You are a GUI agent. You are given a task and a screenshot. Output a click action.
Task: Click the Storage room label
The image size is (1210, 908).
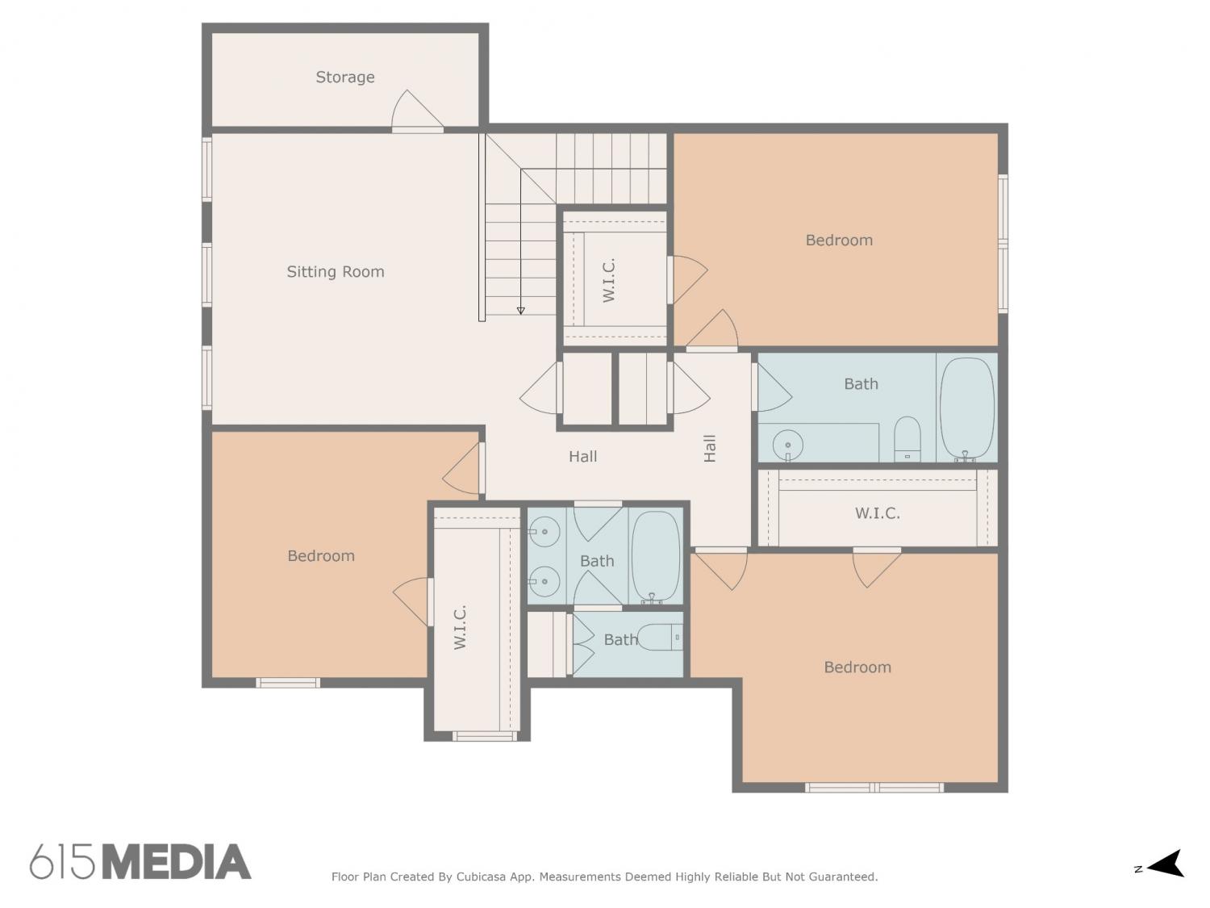click(x=345, y=77)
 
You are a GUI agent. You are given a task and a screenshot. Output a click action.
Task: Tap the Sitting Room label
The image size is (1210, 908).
click(x=335, y=272)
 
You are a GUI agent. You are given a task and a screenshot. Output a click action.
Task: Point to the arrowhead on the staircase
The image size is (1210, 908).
click(x=520, y=311)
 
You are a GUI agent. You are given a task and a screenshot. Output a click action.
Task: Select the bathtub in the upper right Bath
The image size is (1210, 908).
click(x=967, y=408)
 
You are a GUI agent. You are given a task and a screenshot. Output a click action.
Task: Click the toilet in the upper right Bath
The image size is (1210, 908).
click(x=907, y=438)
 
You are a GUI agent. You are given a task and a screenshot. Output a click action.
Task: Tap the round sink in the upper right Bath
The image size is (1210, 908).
click(x=788, y=445)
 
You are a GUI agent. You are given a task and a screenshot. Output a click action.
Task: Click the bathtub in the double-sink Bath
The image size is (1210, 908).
click(x=656, y=556)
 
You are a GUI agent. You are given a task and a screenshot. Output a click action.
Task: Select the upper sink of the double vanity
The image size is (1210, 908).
click(x=544, y=532)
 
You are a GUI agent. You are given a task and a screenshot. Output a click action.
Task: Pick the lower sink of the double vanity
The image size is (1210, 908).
click(x=544, y=581)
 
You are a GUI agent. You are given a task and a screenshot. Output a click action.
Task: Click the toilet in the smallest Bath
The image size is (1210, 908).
click(x=659, y=638)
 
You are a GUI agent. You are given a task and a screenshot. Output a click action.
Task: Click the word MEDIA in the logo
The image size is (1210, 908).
click(x=177, y=862)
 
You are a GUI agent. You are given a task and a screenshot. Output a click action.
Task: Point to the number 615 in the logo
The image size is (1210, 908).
click(x=62, y=862)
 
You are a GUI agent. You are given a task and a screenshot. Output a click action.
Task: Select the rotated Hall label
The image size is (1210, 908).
click(x=709, y=448)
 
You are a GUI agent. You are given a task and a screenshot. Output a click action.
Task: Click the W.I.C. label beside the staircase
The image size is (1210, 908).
click(x=608, y=280)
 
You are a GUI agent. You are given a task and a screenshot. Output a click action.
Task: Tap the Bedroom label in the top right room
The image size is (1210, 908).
click(x=839, y=241)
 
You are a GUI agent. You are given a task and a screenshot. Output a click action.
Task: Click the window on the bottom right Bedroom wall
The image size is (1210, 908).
click(x=874, y=787)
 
